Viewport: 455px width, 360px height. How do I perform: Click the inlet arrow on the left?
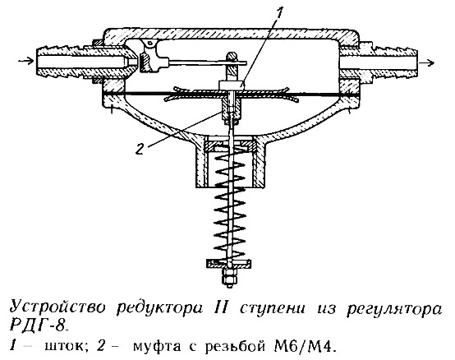click(25, 61)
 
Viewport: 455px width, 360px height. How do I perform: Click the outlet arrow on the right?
click(427, 62)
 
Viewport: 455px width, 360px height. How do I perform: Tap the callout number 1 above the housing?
click(279, 13)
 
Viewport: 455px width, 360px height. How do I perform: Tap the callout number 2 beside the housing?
click(140, 149)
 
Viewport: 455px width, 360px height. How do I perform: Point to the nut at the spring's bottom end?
click(230, 278)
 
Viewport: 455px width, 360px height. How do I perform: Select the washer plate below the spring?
click(229, 264)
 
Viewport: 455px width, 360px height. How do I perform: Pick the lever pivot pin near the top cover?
click(149, 44)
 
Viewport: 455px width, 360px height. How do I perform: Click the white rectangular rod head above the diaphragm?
click(231, 85)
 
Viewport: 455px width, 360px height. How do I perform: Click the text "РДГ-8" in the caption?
click(39, 326)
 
